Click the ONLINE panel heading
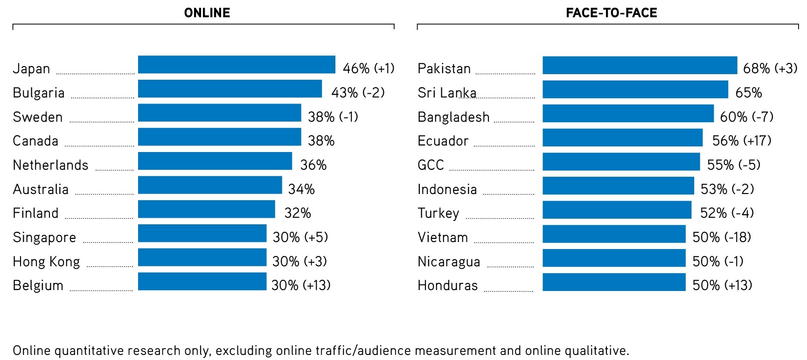207,13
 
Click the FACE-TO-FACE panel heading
611,13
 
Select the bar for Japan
237,65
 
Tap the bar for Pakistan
640,65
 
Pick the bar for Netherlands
215,161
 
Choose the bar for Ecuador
622,138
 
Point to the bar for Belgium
202,282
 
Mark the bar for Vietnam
614,234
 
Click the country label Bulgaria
39,93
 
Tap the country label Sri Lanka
447,93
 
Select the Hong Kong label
46,262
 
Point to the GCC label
431,165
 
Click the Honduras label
447,285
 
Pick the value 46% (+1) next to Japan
369,69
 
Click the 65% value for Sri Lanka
748,93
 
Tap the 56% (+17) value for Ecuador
741,141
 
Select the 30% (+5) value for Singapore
300,237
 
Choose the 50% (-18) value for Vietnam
721,237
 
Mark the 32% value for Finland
298,213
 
